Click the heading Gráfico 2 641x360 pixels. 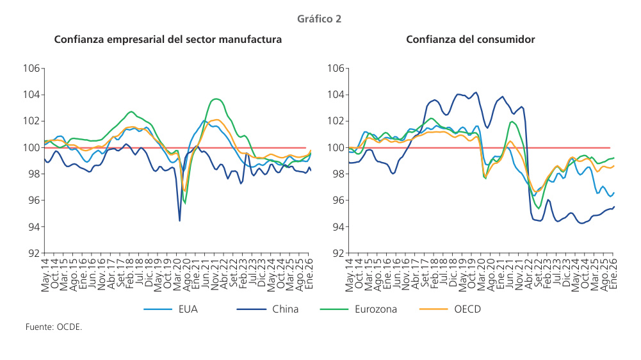click(320, 19)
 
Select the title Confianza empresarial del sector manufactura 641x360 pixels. click(168, 40)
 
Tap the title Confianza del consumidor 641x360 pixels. click(471, 40)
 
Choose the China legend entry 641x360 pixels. click(285, 309)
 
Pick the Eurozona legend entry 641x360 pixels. click(375, 309)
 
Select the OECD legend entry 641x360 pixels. click(467, 309)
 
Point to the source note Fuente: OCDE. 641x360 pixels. click(54, 327)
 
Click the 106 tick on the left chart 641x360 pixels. click(32, 69)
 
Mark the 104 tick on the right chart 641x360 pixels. click(337, 95)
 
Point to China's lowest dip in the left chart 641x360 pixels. click(179, 221)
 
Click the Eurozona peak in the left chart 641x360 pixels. click(216, 99)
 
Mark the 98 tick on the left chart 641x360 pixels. click(35, 174)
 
